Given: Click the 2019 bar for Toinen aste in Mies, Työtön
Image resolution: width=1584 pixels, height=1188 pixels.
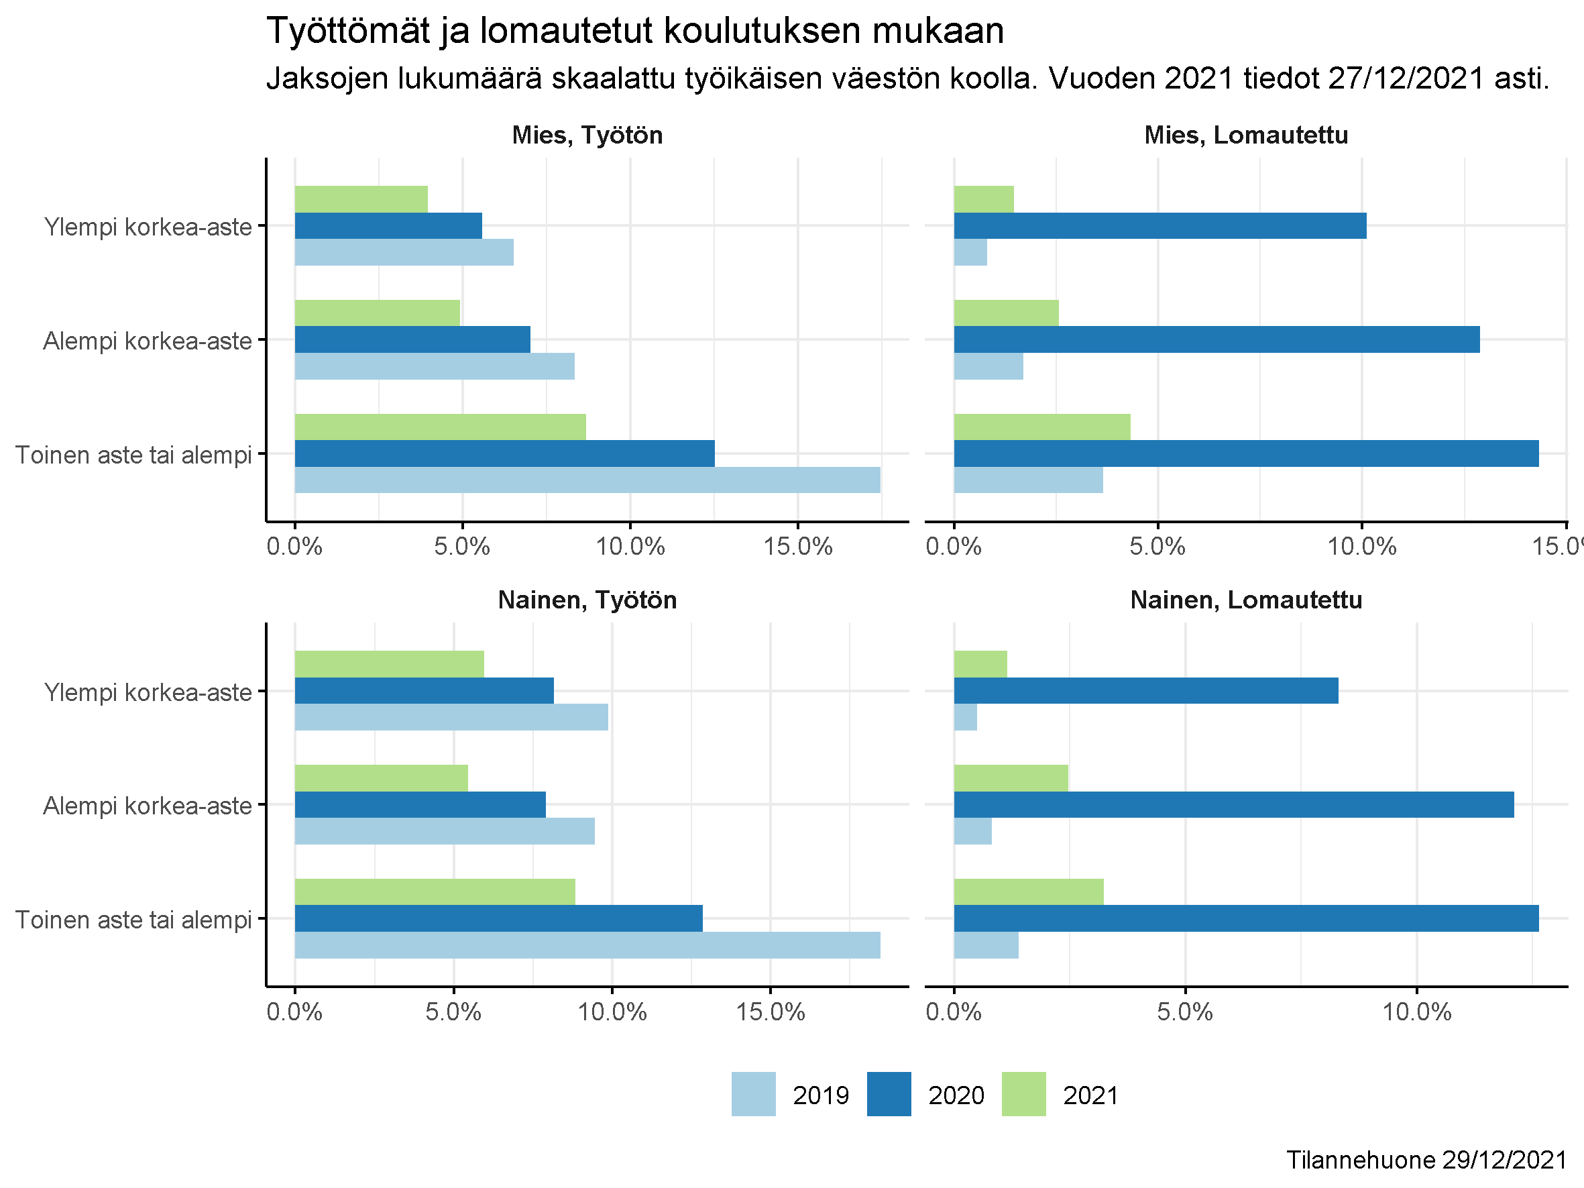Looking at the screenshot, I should pyautogui.click(x=587, y=480).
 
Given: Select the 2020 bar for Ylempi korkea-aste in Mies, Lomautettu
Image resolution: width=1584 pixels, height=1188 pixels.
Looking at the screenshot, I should pyautogui.click(x=1160, y=225).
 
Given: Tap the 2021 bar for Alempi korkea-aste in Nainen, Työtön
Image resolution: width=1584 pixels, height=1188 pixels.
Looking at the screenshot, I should pyautogui.click(x=381, y=777).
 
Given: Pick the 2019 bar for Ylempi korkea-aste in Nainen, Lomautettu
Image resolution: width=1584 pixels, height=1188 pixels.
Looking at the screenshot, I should pyautogui.click(x=965, y=717).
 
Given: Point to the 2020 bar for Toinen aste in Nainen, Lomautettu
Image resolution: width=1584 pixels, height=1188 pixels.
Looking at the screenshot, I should pyautogui.click(x=1246, y=918).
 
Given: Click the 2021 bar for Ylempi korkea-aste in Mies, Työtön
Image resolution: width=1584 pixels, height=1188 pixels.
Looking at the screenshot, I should pyautogui.click(x=361, y=199).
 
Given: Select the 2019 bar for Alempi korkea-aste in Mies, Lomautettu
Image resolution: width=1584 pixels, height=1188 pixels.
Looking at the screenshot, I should pyautogui.click(x=988, y=366).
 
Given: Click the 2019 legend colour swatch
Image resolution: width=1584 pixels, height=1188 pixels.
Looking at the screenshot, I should pyautogui.click(x=753, y=1094).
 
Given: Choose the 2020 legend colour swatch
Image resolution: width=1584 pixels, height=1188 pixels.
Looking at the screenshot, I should pyautogui.click(x=889, y=1094).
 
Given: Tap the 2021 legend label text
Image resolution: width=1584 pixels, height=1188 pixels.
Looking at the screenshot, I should pyautogui.click(x=1090, y=1095).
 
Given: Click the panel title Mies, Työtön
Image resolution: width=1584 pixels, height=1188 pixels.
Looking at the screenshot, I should pyautogui.click(x=587, y=136).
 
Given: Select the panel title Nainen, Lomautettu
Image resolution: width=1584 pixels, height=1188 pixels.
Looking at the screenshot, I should pyautogui.click(x=1246, y=600).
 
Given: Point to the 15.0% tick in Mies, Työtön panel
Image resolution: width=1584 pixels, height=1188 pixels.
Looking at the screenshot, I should pyautogui.click(x=798, y=547).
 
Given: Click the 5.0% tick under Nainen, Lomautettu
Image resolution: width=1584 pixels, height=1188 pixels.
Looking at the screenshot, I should pyautogui.click(x=1185, y=1012).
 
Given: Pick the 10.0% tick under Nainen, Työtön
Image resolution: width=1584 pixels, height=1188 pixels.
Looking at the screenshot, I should pyautogui.click(x=612, y=1012).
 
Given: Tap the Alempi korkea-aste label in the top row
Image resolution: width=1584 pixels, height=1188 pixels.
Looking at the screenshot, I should pyautogui.click(x=148, y=341).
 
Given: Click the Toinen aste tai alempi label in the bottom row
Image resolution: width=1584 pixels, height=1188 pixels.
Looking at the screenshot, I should pyautogui.click(x=134, y=920).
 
